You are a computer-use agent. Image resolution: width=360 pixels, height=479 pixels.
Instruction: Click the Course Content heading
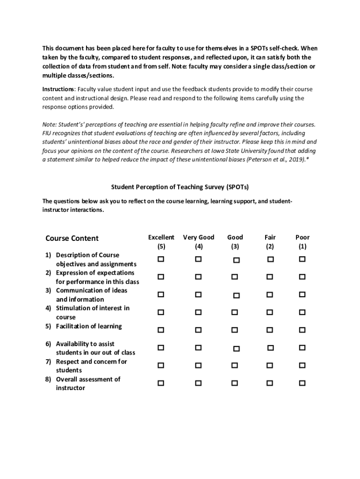click(72, 239)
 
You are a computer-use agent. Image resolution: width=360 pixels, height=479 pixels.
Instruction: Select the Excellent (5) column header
click(161, 242)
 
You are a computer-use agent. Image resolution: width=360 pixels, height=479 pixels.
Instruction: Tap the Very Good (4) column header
click(199, 242)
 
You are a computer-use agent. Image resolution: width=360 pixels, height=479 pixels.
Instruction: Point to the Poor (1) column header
click(302, 242)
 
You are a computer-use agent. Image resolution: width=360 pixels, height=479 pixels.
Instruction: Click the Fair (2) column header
click(270, 242)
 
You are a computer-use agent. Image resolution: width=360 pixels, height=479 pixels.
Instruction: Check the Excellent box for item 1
click(161, 259)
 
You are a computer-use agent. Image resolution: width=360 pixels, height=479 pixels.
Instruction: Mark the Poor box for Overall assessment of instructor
click(302, 383)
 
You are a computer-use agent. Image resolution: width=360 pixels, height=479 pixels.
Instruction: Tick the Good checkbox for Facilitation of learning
click(235, 330)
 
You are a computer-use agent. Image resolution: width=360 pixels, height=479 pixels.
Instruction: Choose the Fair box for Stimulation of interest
click(270, 312)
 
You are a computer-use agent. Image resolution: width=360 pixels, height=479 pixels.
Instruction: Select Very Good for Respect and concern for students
click(198, 365)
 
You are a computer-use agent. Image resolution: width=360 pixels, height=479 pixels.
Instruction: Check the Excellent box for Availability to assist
click(161, 348)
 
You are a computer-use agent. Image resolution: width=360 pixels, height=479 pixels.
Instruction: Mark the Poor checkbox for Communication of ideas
click(302, 294)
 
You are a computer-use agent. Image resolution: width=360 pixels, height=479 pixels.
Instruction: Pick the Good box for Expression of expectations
click(235, 277)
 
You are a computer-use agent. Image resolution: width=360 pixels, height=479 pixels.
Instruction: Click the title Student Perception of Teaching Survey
click(180, 187)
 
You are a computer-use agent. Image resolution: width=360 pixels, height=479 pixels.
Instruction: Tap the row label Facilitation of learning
click(89, 326)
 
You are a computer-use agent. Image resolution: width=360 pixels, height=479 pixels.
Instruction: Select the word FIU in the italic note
click(48, 133)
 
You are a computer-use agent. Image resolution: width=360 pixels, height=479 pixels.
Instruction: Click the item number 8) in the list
click(48, 379)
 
